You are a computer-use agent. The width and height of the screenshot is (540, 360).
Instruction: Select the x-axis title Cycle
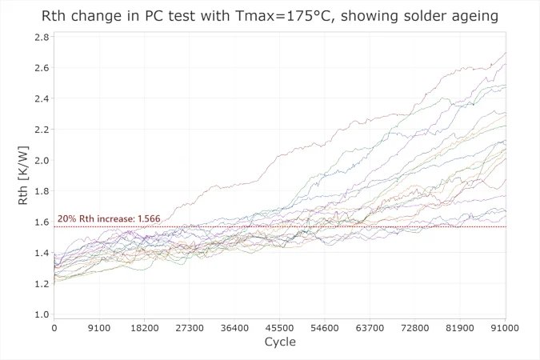(x=279, y=342)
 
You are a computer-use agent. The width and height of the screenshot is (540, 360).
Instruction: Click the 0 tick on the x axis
(x=54, y=327)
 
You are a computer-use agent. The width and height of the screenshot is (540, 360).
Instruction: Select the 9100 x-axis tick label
(x=99, y=327)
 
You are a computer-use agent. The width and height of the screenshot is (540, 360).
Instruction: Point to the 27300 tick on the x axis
(x=190, y=327)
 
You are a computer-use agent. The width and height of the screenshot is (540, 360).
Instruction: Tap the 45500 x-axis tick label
(x=280, y=327)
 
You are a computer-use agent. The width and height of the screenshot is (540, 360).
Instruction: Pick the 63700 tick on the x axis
(x=370, y=327)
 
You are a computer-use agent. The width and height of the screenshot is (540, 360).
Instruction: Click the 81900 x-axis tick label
(x=460, y=327)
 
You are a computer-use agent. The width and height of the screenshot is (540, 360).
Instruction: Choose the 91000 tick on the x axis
(x=504, y=327)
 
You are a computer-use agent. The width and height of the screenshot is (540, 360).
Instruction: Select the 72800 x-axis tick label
(x=415, y=327)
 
